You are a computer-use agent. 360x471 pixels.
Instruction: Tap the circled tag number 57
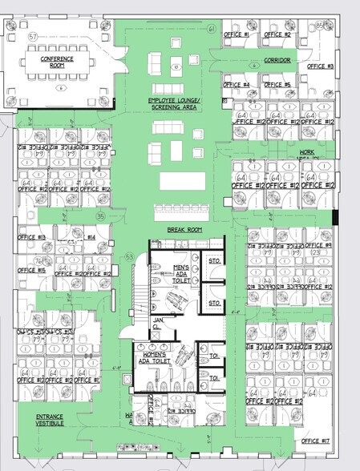point(33,37)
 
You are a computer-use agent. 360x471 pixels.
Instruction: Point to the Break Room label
point(182,230)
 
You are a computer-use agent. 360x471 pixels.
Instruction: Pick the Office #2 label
point(277,35)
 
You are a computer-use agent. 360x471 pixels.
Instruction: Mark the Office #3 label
point(320,65)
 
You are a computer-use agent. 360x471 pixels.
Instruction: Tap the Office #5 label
point(277,85)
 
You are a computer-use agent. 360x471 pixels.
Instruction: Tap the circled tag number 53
point(129,257)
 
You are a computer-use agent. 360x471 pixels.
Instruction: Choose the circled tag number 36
point(100,215)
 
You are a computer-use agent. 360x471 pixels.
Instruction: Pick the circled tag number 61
point(212,29)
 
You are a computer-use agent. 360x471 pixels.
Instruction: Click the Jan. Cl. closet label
point(158,324)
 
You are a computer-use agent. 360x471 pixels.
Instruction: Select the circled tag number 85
point(319,26)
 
